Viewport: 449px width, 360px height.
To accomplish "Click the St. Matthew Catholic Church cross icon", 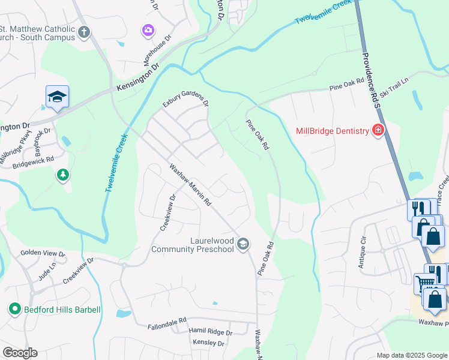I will tap(84, 32).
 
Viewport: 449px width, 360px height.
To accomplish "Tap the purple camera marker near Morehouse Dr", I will tap(147, 29).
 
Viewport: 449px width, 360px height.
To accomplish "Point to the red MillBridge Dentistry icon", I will tap(378, 130).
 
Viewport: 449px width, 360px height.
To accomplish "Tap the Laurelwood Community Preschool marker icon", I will tap(243, 244).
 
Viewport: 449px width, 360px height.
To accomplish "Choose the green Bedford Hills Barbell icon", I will tap(14, 310).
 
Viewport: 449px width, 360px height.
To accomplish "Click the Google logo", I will tap(20, 353).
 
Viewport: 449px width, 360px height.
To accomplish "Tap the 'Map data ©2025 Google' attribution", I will tap(411, 355).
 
